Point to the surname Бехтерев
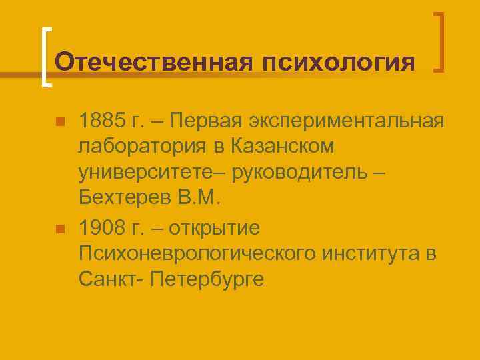[133, 197]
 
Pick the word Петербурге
[208, 279]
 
